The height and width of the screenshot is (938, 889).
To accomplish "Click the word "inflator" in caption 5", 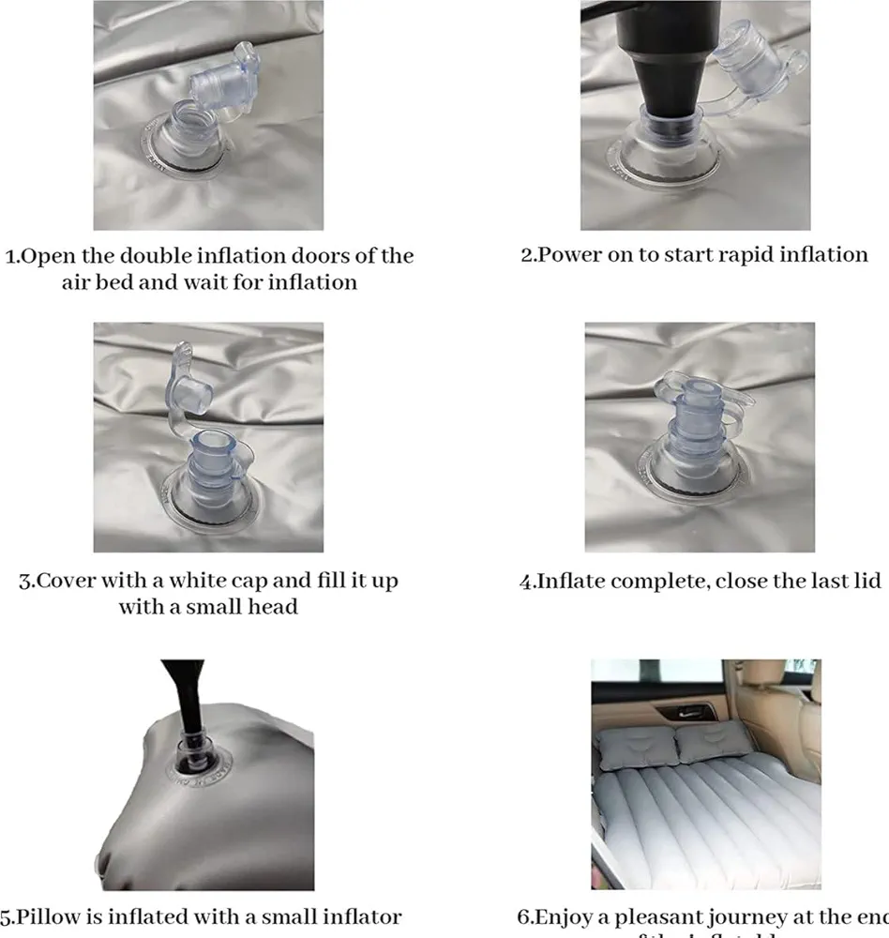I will coord(360,917).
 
